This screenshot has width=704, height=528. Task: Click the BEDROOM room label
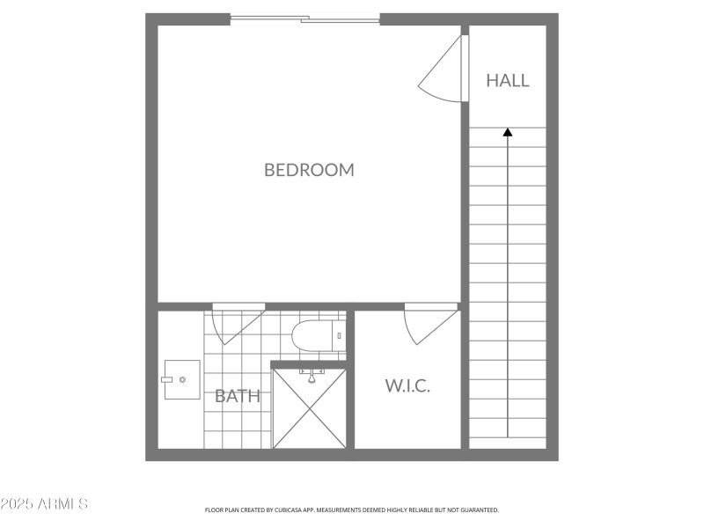click(309, 170)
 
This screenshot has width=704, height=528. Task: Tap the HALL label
click(508, 80)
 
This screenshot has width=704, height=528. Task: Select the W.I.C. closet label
click(407, 385)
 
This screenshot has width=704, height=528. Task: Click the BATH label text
click(238, 396)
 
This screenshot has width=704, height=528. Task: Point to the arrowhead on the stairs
click(508, 132)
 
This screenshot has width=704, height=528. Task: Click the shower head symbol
click(310, 376)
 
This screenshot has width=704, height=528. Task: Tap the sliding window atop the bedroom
click(304, 18)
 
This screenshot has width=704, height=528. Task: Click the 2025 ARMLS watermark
click(44, 504)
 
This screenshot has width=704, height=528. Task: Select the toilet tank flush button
click(339, 335)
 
